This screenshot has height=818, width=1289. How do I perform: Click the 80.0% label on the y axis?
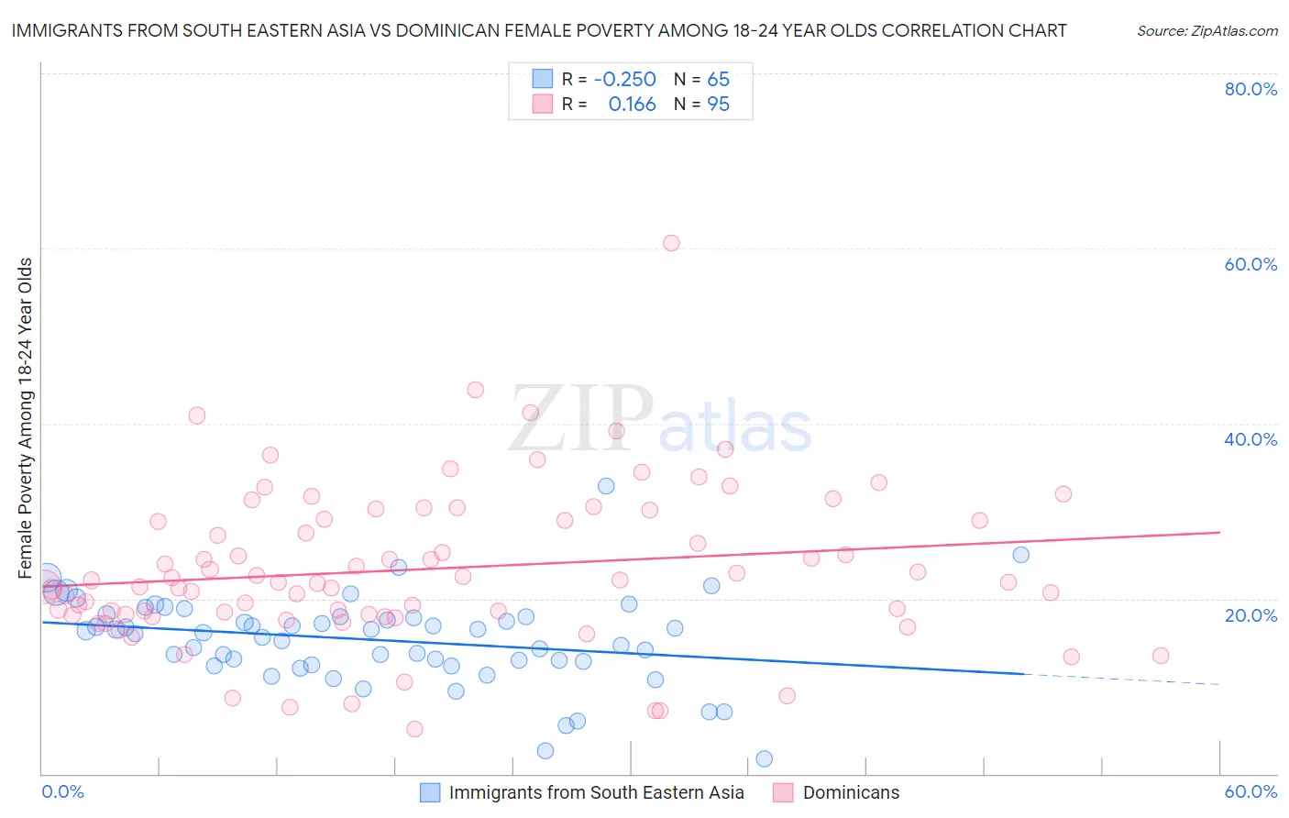[x=1250, y=89]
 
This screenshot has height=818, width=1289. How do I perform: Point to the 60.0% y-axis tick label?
[x=1250, y=264]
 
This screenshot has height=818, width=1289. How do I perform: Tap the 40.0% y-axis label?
[x=1250, y=439]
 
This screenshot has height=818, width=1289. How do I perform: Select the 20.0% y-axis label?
[x=1250, y=614]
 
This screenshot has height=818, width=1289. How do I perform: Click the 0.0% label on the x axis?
[x=62, y=791]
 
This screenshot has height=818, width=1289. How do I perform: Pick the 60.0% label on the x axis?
[x=1250, y=791]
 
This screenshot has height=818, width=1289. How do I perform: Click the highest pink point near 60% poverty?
[x=671, y=243]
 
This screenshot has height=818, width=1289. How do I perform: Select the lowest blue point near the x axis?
[x=764, y=758]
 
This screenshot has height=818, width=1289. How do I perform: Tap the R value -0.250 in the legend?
[x=625, y=79]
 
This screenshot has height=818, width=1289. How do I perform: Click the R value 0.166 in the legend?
[x=632, y=105]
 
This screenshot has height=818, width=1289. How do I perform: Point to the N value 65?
[x=718, y=79]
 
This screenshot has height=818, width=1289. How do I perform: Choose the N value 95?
[x=718, y=105]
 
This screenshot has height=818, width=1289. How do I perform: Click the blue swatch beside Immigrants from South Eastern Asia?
[x=430, y=792]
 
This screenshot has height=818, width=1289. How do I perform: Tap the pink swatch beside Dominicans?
[x=783, y=792]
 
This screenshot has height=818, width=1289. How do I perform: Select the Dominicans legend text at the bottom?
[x=851, y=792]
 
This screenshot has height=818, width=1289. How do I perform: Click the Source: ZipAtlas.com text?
[x=1206, y=30]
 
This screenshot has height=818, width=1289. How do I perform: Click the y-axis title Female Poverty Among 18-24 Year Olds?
[x=26, y=418]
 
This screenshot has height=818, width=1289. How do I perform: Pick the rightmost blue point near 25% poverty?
[x=1020, y=555]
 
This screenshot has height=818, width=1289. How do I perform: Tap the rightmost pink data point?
[x=1161, y=656]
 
